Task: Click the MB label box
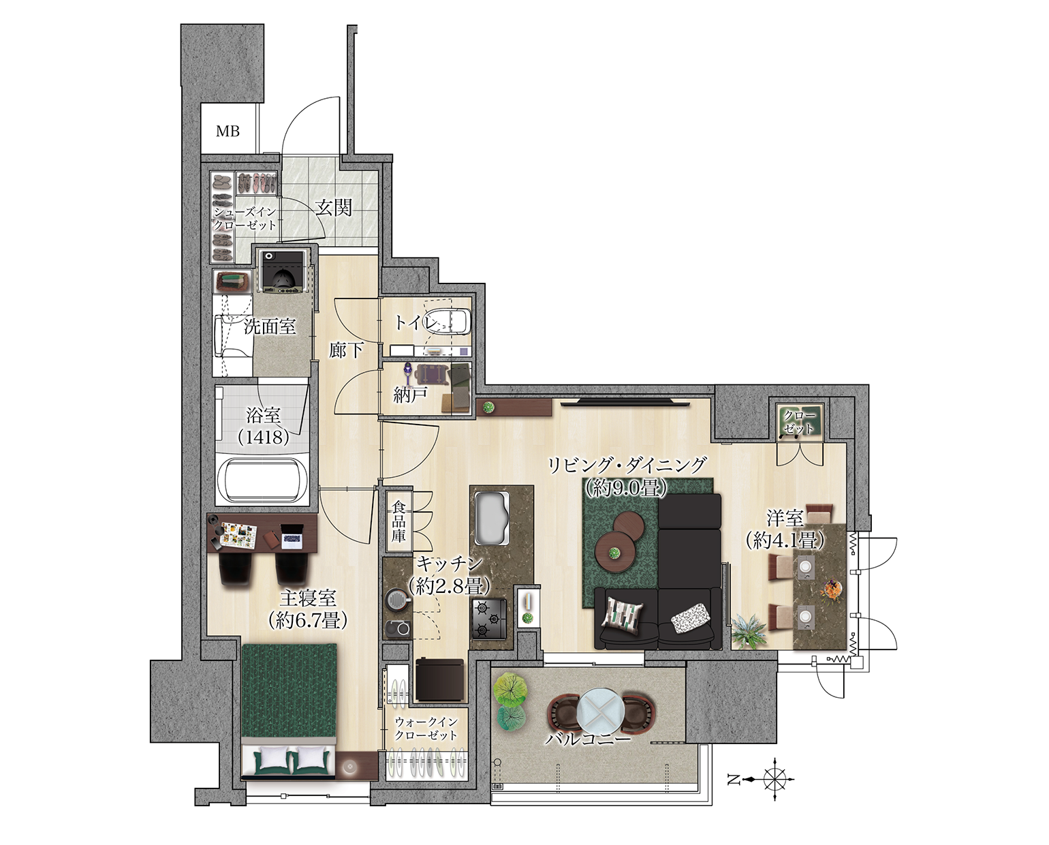point(228,131)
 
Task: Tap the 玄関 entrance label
point(333,209)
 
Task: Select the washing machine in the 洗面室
point(282,271)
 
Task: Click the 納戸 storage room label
point(411,396)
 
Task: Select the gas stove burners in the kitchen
point(489,619)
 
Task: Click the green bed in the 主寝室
point(289,714)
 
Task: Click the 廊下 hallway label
point(345,350)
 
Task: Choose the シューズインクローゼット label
point(245,219)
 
